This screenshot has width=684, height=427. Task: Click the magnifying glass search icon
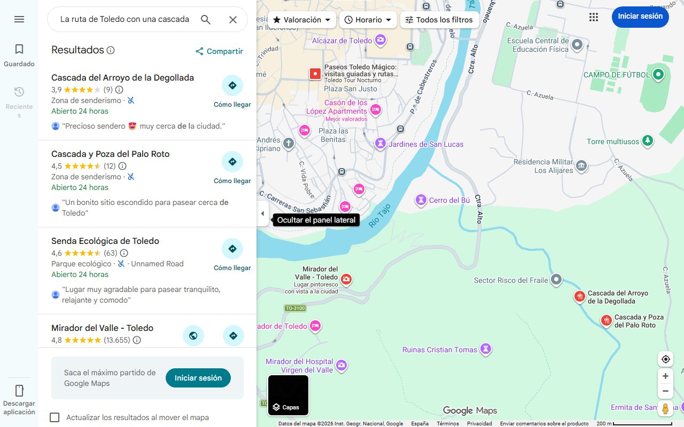tap(206, 20)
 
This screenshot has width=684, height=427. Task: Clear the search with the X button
tap(233, 20)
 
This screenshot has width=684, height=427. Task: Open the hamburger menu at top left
tap(19, 19)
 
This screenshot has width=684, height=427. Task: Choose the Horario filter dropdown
tap(368, 20)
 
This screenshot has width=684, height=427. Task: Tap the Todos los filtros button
tap(439, 20)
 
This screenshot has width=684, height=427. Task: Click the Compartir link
tap(219, 51)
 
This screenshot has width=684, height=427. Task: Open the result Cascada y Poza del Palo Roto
tap(110, 154)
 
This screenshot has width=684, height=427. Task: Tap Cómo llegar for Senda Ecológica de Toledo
tap(232, 249)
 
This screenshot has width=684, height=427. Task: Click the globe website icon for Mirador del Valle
tap(193, 336)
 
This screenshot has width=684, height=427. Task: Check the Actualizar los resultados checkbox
tap(55, 417)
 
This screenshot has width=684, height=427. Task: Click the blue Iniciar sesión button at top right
tap(640, 17)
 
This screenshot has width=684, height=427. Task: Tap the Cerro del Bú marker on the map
tap(422, 200)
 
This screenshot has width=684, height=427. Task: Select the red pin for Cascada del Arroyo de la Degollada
tap(579, 297)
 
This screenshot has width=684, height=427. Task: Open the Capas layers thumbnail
tap(288, 395)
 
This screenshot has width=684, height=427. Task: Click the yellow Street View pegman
tap(665, 408)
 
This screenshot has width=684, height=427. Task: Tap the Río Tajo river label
tap(380, 216)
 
